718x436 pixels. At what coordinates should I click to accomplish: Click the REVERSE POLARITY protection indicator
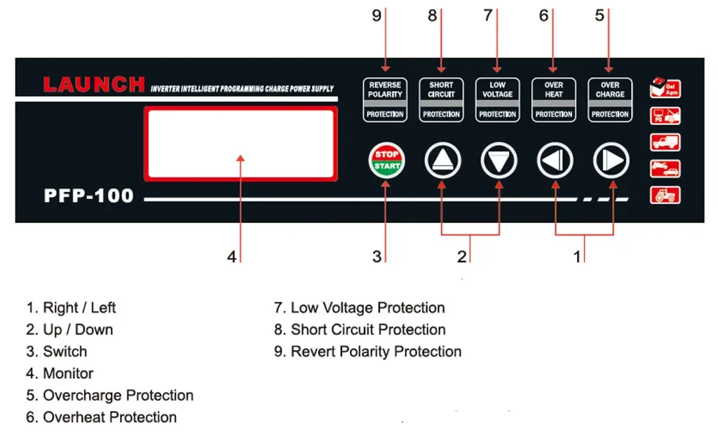pos(385,99)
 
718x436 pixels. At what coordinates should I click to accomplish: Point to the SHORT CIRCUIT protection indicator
pos(441,99)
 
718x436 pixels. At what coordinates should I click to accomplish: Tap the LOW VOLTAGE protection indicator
pos(497,99)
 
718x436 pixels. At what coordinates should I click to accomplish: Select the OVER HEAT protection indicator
pos(554,99)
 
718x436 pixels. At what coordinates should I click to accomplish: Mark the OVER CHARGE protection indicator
pos(610,99)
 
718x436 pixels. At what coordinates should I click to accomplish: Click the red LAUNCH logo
pos(94,86)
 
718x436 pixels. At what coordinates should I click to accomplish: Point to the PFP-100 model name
pos(88,196)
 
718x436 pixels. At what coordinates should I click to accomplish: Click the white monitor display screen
pos(241,144)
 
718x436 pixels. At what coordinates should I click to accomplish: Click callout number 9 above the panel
pos(377,15)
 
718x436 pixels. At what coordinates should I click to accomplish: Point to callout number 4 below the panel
pos(231,257)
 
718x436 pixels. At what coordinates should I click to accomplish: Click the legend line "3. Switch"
pos(57,351)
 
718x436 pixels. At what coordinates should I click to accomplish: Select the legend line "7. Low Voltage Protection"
pos(359,308)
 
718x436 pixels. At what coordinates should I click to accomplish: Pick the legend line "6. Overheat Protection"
pos(102,417)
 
